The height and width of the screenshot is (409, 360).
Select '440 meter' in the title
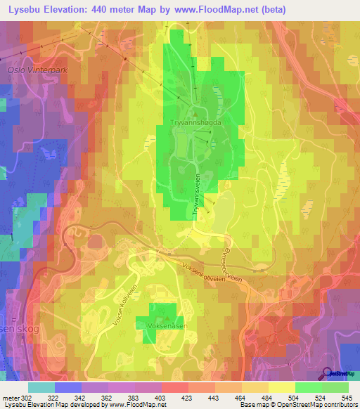[x=119, y=9]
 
